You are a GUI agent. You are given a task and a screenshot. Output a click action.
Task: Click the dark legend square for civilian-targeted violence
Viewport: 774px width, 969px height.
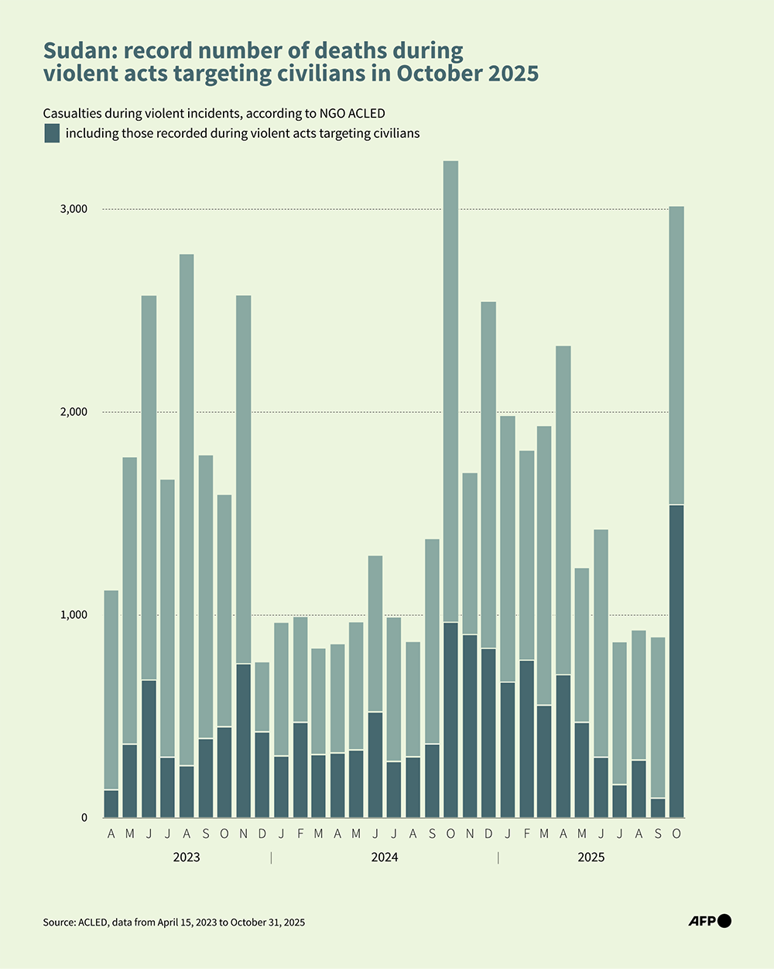(x=52, y=133)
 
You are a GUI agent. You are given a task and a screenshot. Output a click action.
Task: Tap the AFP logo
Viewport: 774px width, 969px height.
(x=710, y=921)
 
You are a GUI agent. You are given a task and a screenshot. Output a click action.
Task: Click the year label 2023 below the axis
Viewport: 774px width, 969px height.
(x=187, y=857)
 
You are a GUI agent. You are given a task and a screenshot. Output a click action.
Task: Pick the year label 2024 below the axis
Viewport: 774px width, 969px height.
(x=385, y=857)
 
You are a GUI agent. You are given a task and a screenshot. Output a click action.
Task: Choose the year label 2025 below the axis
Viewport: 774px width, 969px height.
(x=591, y=857)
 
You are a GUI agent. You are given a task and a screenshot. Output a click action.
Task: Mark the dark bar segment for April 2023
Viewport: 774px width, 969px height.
(x=111, y=804)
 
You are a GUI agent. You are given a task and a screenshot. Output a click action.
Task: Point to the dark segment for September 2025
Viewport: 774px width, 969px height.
(x=658, y=808)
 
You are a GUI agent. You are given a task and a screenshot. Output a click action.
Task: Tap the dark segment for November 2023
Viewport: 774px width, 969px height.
(x=243, y=740)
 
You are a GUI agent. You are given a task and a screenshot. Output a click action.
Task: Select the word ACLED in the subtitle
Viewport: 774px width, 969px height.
(x=368, y=114)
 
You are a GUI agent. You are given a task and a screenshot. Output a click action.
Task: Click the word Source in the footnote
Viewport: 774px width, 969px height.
(x=59, y=923)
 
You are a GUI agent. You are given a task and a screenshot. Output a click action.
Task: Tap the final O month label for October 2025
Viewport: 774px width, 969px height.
(x=676, y=834)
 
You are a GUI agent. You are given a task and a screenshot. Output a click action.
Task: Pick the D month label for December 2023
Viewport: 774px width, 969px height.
(x=262, y=834)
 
